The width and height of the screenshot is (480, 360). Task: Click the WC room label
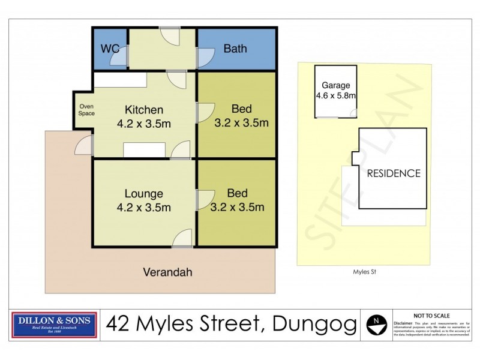(x=110, y=49)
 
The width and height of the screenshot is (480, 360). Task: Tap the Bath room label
(x=235, y=49)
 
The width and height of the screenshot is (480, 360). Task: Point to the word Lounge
(x=144, y=194)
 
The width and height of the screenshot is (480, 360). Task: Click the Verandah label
(x=167, y=272)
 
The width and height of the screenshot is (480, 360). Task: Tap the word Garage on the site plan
(x=335, y=85)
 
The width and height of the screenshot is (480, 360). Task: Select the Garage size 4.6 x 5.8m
(x=336, y=95)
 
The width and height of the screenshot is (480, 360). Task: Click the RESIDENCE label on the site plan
(x=394, y=173)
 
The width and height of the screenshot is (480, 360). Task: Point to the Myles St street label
(x=364, y=271)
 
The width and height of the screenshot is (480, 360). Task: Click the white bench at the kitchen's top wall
(x=121, y=80)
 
